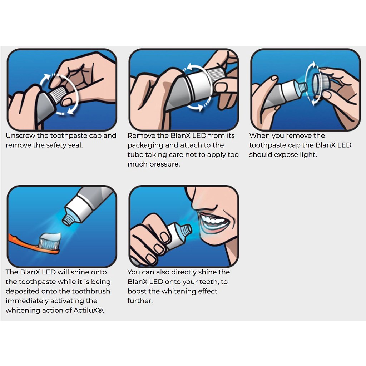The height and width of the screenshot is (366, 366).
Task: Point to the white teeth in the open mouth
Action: pyautogui.click(x=214, y=221)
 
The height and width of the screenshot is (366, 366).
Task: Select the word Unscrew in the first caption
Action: pyautogui.click(x=20, y=135)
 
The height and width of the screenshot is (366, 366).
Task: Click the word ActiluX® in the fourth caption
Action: pyautogui.click(x=89, y=310)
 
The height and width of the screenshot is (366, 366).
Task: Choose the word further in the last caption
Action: pyautogui.click(x=140, y=301)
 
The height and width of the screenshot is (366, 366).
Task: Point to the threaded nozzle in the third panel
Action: pyautogui.click(x=302, y=87)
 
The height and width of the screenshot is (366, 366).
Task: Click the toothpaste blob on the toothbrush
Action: pyautogui.click(x=50, y=237)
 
